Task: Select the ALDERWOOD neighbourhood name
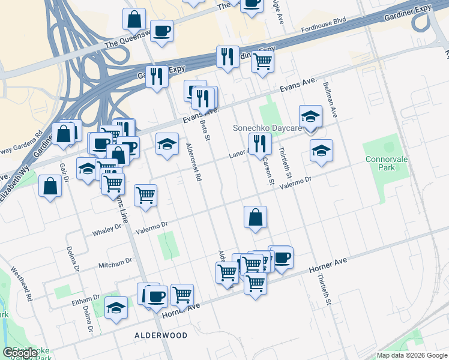[x=161, y=335]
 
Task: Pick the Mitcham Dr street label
[x=115, y=262]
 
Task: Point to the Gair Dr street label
[x=61, y=173]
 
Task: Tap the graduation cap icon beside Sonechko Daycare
[x=310, y=116]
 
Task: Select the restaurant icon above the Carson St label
[x=260, y=143]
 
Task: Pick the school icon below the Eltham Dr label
[x=116, y=308]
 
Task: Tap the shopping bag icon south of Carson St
[x=256, y=217]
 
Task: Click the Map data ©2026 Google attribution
[x=412, y=355]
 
